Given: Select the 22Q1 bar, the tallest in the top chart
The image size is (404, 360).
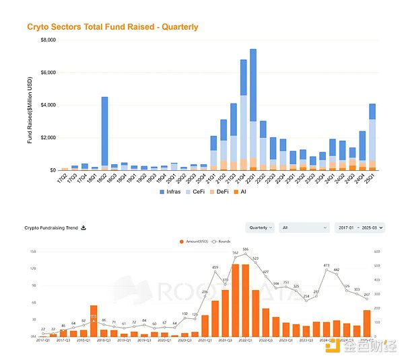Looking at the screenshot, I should [252, 108].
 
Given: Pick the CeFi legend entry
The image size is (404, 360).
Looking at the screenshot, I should [202, 192].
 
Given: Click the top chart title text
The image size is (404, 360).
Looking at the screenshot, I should [112, 27].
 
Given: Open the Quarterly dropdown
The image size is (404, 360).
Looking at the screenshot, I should [260, 228].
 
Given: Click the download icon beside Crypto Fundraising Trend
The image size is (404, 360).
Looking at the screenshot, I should [83, 227].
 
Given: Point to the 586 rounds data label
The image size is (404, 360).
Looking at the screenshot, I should [245, 249].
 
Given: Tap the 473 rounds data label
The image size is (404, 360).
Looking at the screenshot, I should [327, 266].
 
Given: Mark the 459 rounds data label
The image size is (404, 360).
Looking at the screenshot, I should [215, 268].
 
